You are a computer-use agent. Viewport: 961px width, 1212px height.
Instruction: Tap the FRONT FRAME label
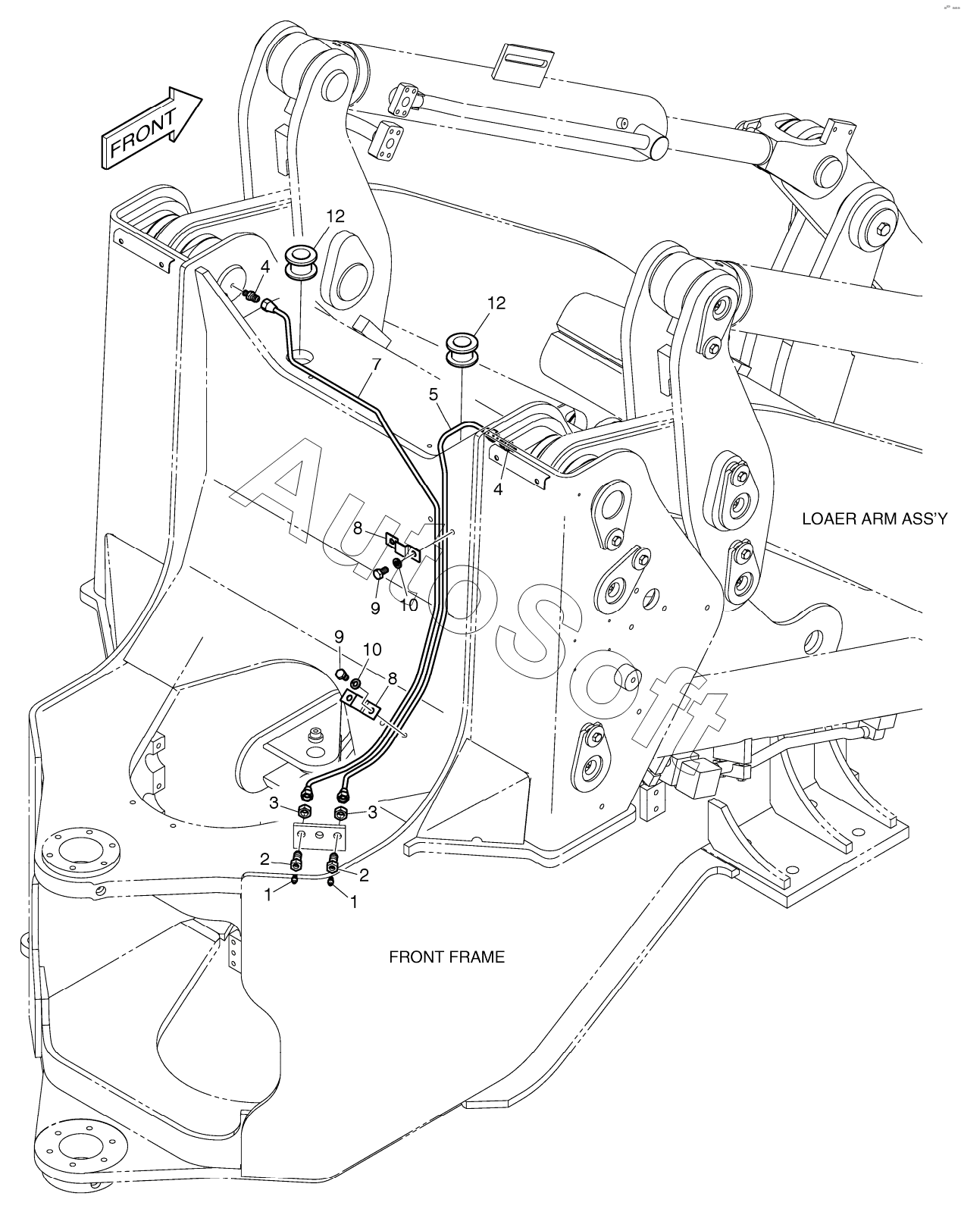click(x=446, y=957)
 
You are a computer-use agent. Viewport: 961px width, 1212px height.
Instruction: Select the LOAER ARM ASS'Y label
click(x=875, y=518)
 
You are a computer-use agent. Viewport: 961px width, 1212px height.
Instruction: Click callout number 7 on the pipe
click(x=376, y=364)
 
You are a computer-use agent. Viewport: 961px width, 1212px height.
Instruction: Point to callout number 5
click(x=434, y=394)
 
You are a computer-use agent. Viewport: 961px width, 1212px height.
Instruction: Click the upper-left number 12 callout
click(x=335, y=216)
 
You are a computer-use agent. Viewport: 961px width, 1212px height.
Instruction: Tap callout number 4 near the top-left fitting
click(x=265, y=267)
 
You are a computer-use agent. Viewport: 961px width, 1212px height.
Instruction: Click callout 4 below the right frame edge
click(x=498, y=490)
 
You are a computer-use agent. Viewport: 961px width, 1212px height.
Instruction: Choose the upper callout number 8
click(x=358, y=528)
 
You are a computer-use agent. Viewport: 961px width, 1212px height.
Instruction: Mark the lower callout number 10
click(x=372, y=650)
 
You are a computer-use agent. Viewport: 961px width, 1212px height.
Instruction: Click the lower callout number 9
click(x=339, y=637)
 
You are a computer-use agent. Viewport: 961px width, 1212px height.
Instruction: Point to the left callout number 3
click(x=274, y=803)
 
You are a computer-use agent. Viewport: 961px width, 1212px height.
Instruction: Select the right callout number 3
click(x=372, y=812)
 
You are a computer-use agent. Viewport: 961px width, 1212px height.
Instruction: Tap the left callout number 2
click(x=265, y=860)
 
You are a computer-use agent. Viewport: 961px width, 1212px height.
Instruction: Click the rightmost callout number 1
click(x=354, y=902)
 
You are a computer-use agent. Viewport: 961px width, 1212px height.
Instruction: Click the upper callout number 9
click(x=375, y=608)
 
